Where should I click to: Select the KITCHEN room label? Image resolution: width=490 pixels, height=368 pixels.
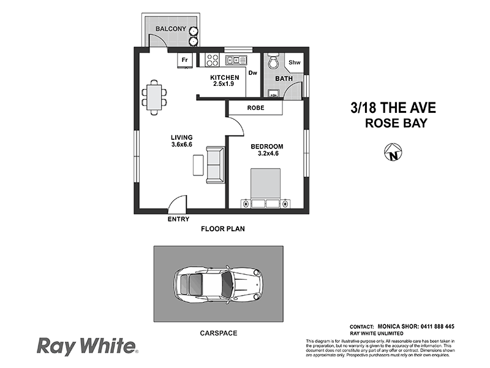pyautogui.click(x=224, y=77)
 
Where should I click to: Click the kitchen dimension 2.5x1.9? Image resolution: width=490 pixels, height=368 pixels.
pyautogui.click(x=224, y=84)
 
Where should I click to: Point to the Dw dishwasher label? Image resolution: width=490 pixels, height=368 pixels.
pyautogui.click(x=253, y=73)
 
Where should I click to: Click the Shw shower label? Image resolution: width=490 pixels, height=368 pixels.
pyautogui.click(x=294, y=63)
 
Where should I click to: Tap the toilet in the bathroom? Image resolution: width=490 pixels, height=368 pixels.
pyautogui.click(x=274, y=62)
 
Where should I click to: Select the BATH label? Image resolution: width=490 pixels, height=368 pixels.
pyautogui.click(x=284, y=79)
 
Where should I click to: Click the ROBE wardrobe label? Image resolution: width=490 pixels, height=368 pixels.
pyautogui.click(x=255, y=108)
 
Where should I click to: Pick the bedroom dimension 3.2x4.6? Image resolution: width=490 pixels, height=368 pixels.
pyautogui.click(x=267, y=154)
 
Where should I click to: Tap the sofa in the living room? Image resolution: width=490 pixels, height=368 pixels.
pyautogui.click(x=215, y=164)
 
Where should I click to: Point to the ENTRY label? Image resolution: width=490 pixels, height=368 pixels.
pyautogui.click(x=178, y=220)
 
